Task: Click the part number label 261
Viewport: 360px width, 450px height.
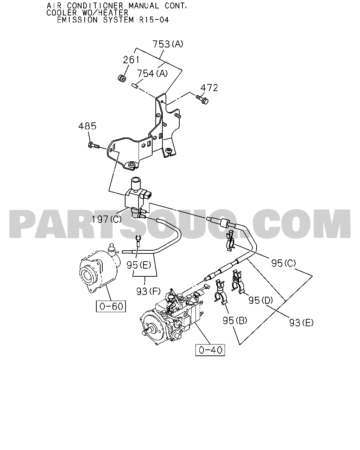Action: [131, 60]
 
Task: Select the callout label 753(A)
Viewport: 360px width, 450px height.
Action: [168, 44]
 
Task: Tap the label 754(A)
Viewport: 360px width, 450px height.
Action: [152, 73]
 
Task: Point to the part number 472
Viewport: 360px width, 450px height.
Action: [209, 88]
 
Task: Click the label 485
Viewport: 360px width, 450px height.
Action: [88, 126]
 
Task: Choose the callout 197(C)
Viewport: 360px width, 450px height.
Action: [107, 219]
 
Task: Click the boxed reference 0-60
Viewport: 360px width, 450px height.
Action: [111, 306]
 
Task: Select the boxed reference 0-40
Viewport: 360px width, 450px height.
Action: [210, 350]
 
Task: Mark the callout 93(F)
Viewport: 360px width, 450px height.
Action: [148, 291]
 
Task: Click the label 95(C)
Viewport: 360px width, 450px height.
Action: [284, 263]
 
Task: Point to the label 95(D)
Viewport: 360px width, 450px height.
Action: [261, 300]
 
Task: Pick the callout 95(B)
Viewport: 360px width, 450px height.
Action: [235, 320]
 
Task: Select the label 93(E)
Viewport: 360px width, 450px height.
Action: [301, 323]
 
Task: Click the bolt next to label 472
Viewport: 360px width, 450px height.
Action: [202, 100]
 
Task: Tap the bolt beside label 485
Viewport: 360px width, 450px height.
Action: [94, 145]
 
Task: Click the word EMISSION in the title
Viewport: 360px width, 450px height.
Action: [77, 20]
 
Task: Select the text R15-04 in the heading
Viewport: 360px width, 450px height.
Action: [154, 20]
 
